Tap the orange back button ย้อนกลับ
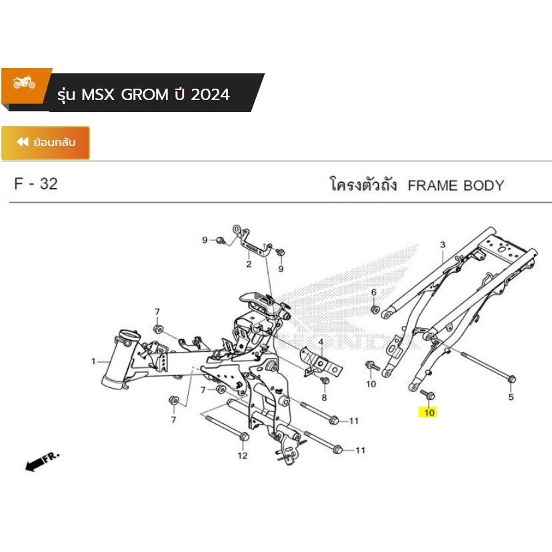click(45, 142)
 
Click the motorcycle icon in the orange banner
click(25, 84)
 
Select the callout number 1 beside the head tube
click(93, 362)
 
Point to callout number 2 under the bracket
click(248, 265)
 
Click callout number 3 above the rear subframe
click(442, 246)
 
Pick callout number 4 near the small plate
click(321, 343)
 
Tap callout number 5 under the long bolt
click(511, 398)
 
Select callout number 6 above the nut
click(374, 292)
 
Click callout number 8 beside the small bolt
click(325, 397)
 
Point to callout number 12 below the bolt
click(243, 455)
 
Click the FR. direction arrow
click(42, 462)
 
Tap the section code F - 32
click(36, 185)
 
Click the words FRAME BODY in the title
click(455, 185)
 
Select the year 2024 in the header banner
click(210, 95)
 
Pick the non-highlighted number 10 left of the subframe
click(371, 384)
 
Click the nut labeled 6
click(375, 309)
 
